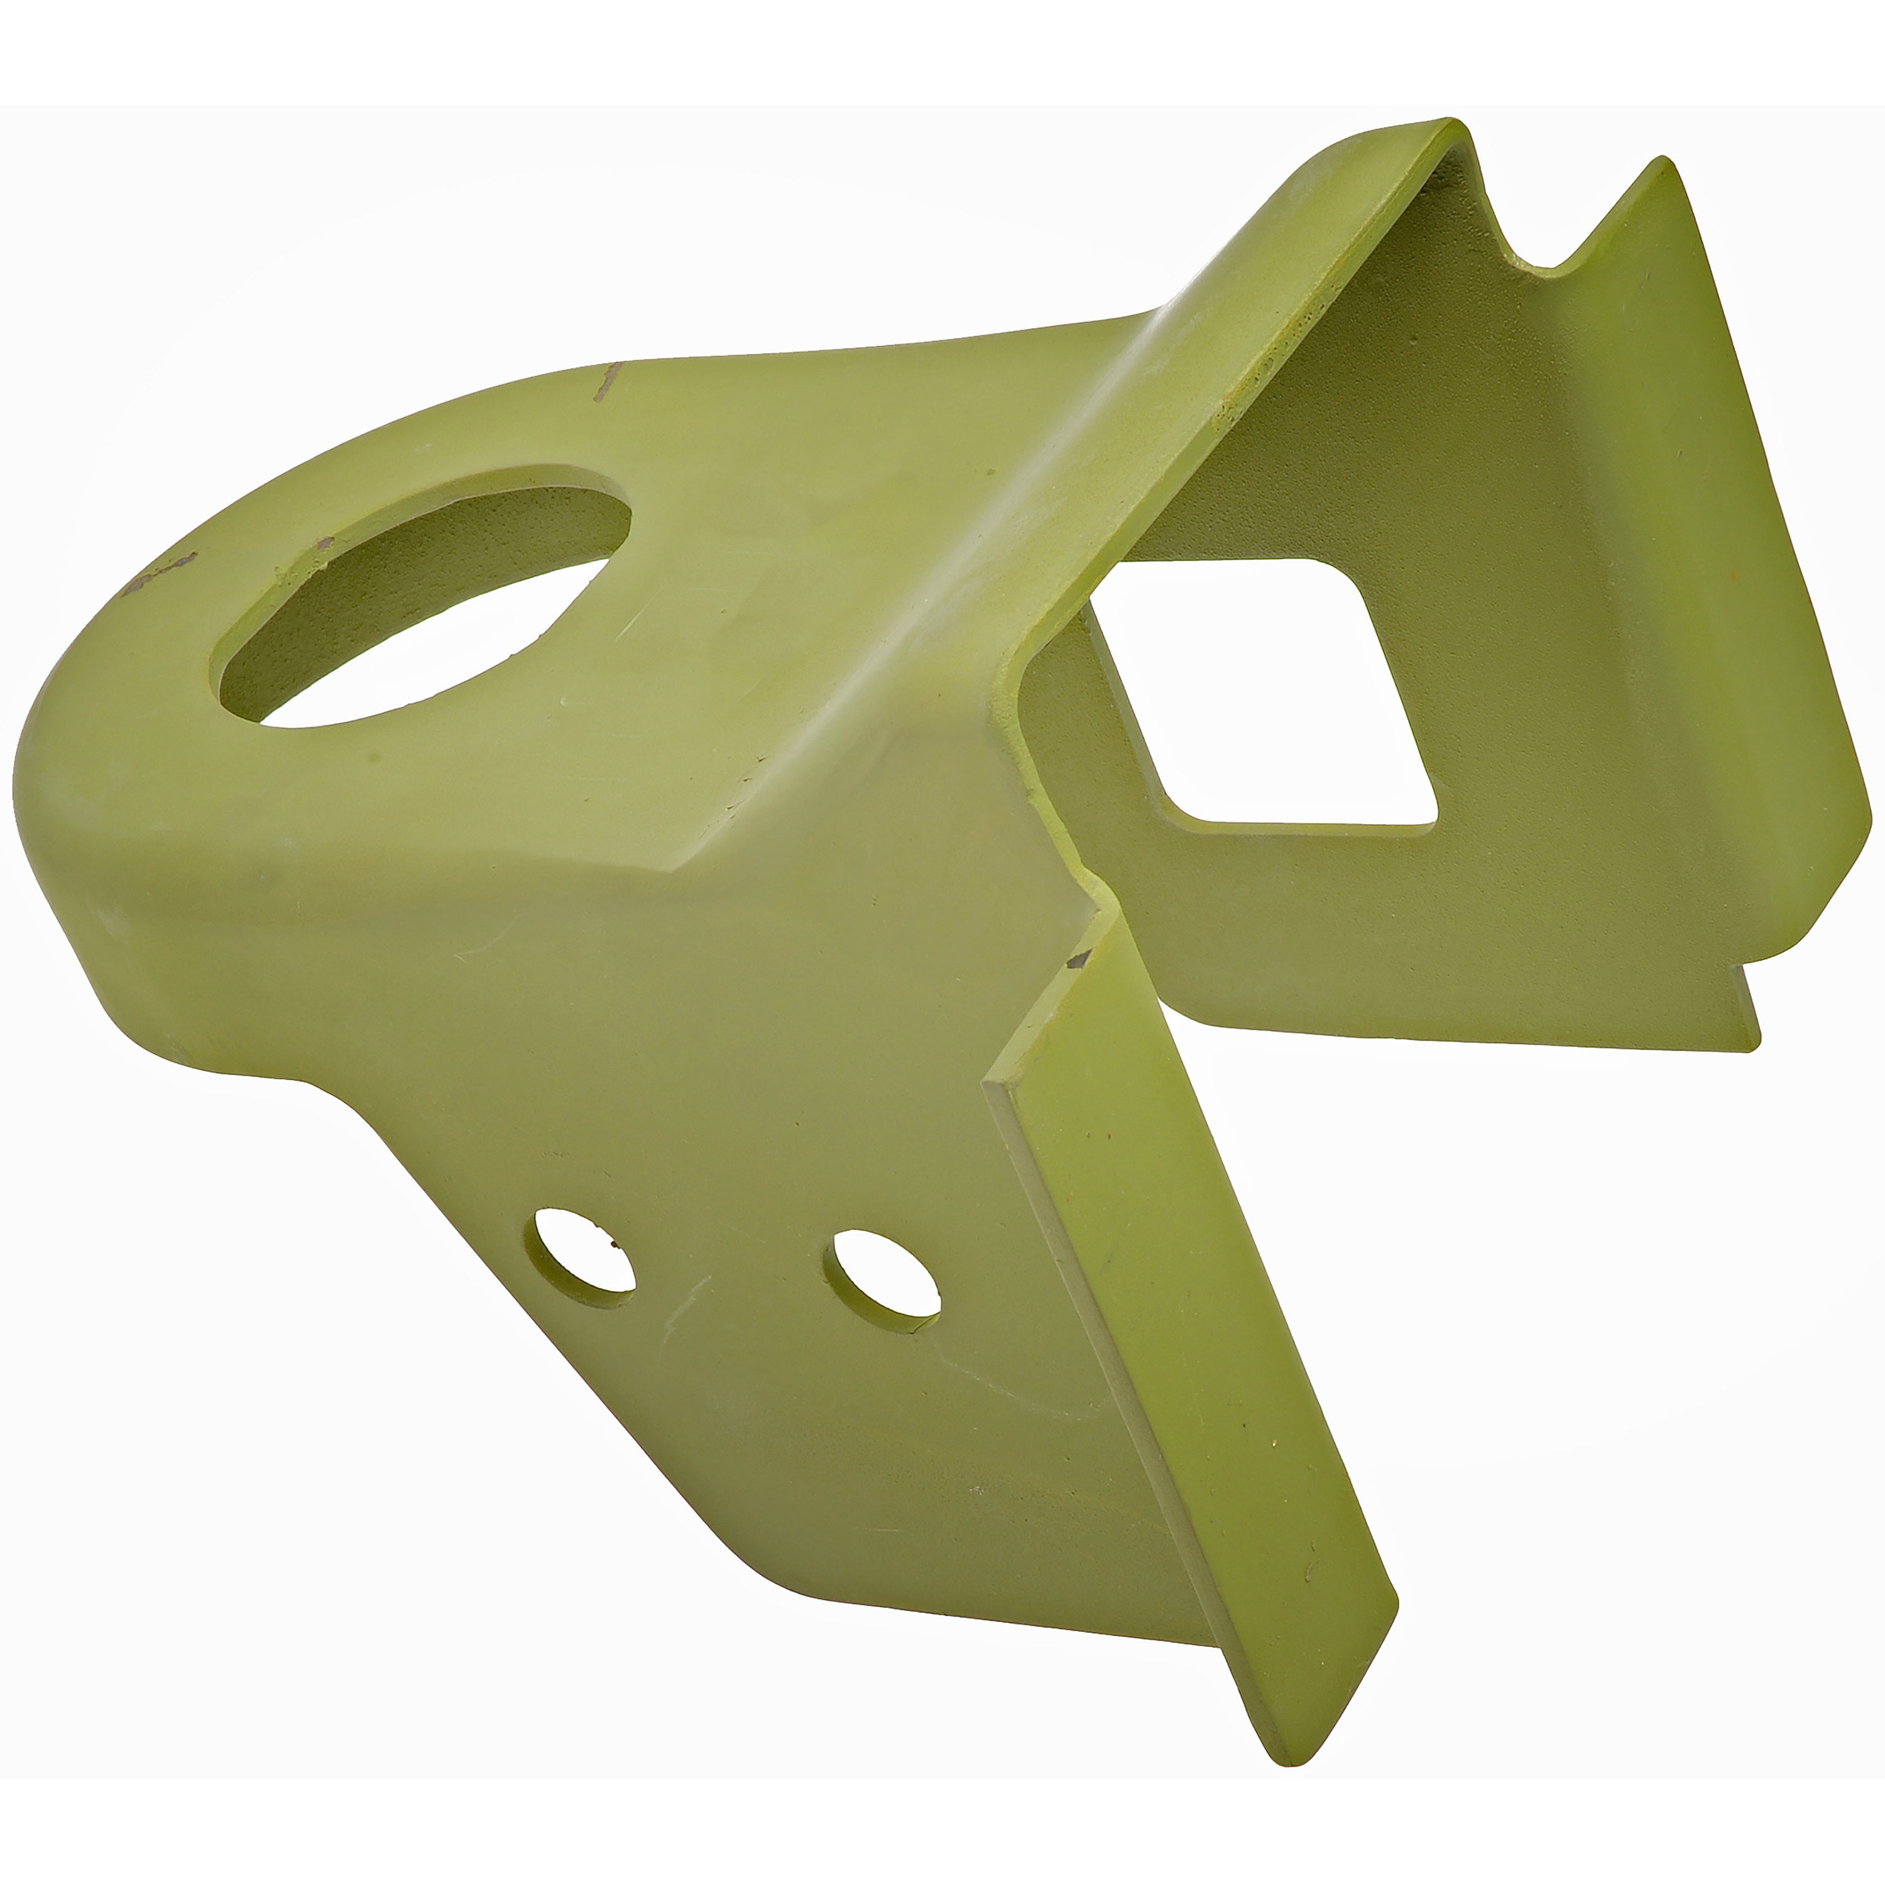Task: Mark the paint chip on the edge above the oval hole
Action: tap(608, 381)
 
